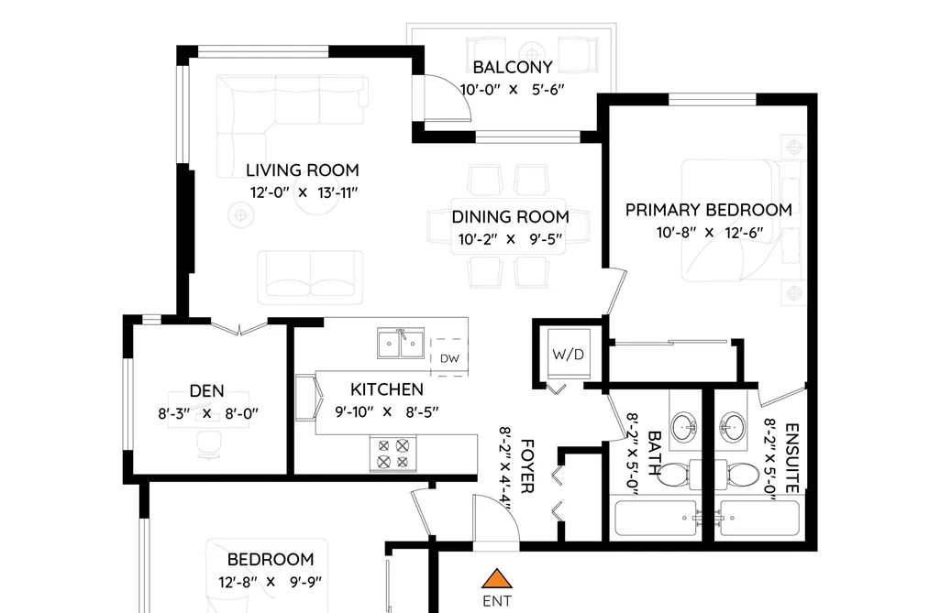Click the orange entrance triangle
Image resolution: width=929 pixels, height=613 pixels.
(496, 578)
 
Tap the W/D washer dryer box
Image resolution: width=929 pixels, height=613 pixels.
(569, 354)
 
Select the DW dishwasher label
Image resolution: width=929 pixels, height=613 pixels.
(449, 358)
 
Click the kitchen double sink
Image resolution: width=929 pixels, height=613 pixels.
(401, 344)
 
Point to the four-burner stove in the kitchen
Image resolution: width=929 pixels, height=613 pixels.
(393, 454)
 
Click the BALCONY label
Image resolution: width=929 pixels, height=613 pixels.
(513, 67)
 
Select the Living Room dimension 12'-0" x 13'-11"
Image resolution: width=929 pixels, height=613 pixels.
(304, 192)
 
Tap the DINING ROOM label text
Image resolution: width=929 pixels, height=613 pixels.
(510, 216)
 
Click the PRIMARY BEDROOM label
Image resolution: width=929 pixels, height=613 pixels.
(709, 210)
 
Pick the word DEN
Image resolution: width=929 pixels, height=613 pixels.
(206, 390)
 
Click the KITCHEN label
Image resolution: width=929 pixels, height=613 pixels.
(387, 389)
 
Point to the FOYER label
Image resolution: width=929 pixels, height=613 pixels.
(526, 465)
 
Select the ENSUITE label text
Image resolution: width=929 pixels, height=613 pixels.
(791, 458)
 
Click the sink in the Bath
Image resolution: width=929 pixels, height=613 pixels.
(685, 425)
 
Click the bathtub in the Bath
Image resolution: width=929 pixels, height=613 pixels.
(656, 519)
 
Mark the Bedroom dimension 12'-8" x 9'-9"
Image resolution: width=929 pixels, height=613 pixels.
(271, 582)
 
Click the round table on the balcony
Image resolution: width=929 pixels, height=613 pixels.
(532, 51)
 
